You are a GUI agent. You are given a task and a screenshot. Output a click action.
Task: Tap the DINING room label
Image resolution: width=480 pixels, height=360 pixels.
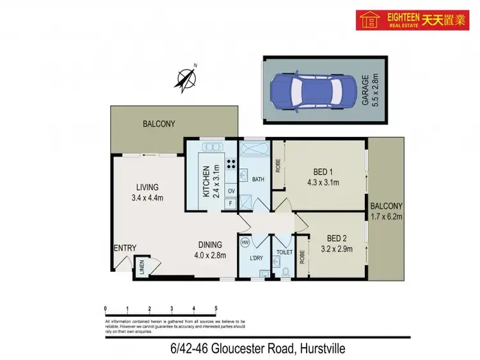209,249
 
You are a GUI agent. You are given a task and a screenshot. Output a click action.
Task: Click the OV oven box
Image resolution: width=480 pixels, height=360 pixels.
230,191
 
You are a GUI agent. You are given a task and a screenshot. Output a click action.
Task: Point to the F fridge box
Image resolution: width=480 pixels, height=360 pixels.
230,203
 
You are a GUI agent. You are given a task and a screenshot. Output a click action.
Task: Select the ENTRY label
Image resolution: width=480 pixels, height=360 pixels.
124,249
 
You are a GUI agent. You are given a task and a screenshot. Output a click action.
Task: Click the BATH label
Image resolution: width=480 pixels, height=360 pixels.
258,180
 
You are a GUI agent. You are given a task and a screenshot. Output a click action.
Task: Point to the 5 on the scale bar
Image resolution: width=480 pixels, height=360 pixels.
216,308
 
